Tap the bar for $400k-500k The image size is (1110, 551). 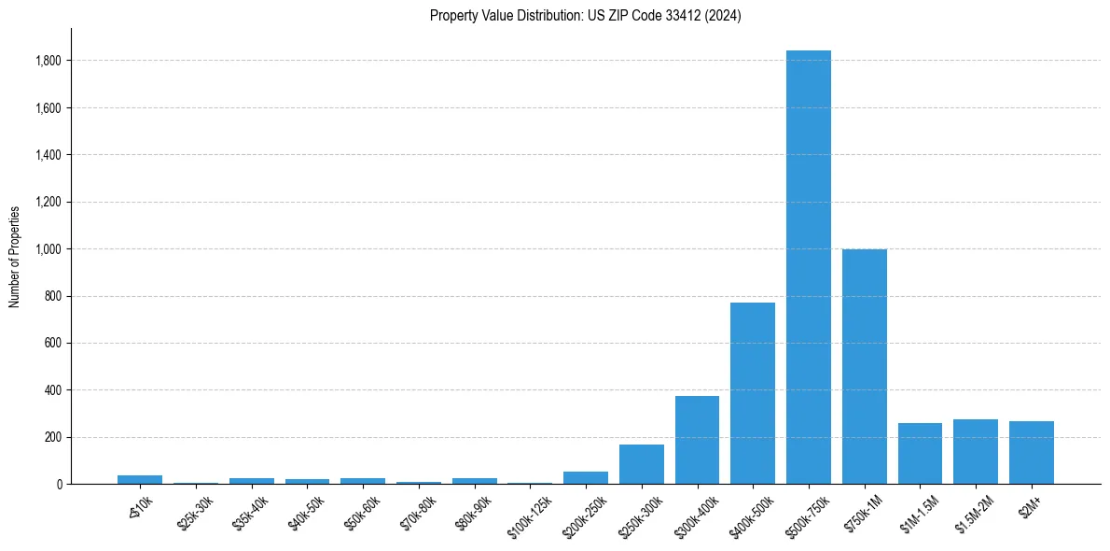tap(753, 393)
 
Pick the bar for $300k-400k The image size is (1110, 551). tap(697, 440)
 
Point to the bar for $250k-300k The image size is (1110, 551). tap(641, 464)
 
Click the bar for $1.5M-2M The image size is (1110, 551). tap(976, 452)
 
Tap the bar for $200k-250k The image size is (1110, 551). tap(586, 478)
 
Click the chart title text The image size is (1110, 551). tap(585, 16)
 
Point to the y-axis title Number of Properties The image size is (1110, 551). tap(15, 256)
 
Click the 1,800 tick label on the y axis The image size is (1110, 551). tap(49, 61)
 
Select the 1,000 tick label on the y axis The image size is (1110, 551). tap(49, 249)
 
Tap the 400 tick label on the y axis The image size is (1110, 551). tap(52, 390)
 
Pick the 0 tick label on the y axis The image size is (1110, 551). tap(58, 485)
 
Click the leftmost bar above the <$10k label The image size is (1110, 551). tap(140, 480)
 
